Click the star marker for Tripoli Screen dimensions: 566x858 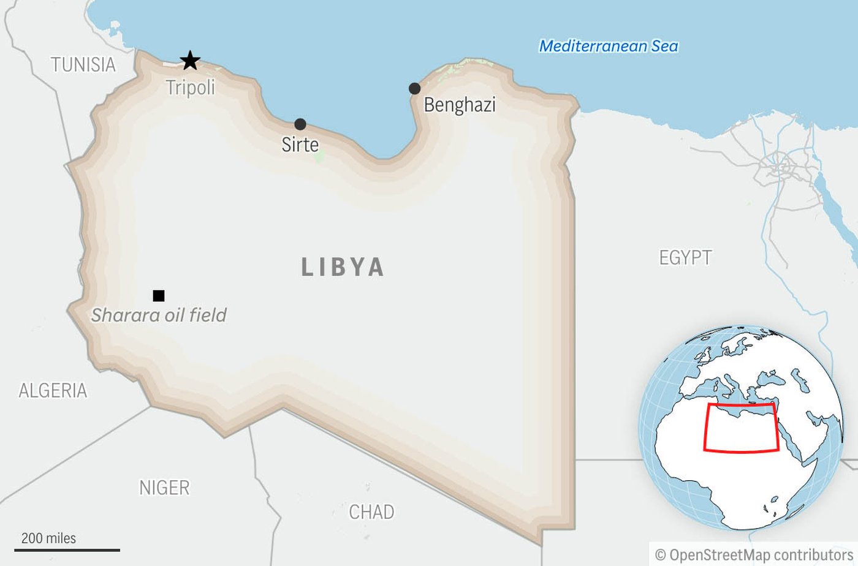tap(190, 61)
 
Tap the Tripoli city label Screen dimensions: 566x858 tap(191, 88)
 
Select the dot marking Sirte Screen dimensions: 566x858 tap(300, 124)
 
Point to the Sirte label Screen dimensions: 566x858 tap(300, 145)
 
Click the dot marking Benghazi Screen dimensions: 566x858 tap(414, 88)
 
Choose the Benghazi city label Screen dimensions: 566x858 tap(459, 105)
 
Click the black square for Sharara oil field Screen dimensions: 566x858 tap(159, 296)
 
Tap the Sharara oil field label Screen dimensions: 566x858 tap(159, 315)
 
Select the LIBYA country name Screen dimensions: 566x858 tap(343, 267)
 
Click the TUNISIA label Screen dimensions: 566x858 tap(83, 64)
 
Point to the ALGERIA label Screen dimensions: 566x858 tap(53, 390)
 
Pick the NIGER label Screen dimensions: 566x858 tap(164, 488)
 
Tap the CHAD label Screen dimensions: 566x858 tap(371, 511)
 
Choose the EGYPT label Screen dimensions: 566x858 tap(685, 257)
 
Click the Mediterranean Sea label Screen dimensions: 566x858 tap(609, 46)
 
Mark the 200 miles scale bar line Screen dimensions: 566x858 tap(67, 550)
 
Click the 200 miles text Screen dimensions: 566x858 tap(49, 538)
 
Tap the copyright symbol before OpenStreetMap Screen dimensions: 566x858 tap(660, 555)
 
